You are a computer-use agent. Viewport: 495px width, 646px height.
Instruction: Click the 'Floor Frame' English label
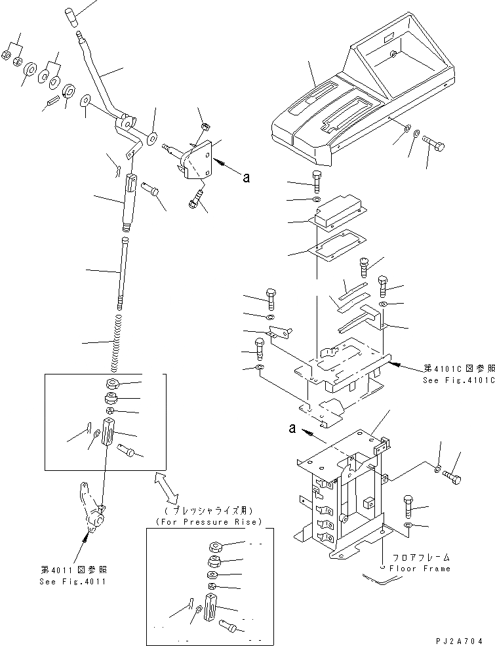[x=420, y=569]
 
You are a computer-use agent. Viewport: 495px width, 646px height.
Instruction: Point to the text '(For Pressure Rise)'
[x=208, y=521]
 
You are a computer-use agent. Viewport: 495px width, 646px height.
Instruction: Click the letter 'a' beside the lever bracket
[x=245, y=176]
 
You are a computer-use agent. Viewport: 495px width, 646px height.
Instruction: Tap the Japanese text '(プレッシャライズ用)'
[x=208, y=510]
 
